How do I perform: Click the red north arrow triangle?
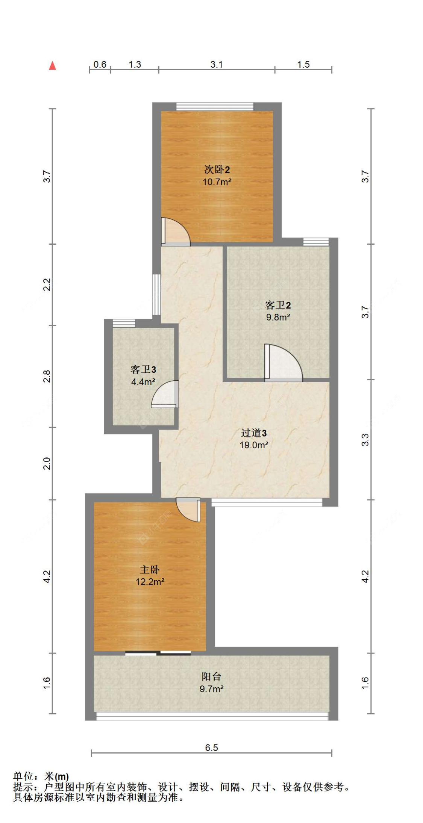click(x=53, y=66)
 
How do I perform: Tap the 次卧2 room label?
click(x=217, y=169)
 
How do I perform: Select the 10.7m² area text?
click(x=217, y=182)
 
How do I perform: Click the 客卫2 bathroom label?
click(x=278, y=305)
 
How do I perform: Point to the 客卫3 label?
click(x=143, y=369)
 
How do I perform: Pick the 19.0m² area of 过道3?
click(x=254, y=445)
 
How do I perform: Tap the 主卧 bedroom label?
click(x=150, y=569)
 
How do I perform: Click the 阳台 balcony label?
click(x=211, y=676)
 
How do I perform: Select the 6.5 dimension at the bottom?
click(x=211, y=747)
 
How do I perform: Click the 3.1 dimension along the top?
click(x=217, y=64)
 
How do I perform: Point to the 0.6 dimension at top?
click(x=100, y=64)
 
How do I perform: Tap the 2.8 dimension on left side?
click(x=47, y=376)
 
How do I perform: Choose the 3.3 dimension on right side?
click(x=365, y=440)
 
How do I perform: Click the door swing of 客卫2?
click(x=283, y=363)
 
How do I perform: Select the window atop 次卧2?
click(x=215, y=107)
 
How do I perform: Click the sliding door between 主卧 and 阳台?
click(x=158, y=653)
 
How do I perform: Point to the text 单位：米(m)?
click(x=41, y=776)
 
